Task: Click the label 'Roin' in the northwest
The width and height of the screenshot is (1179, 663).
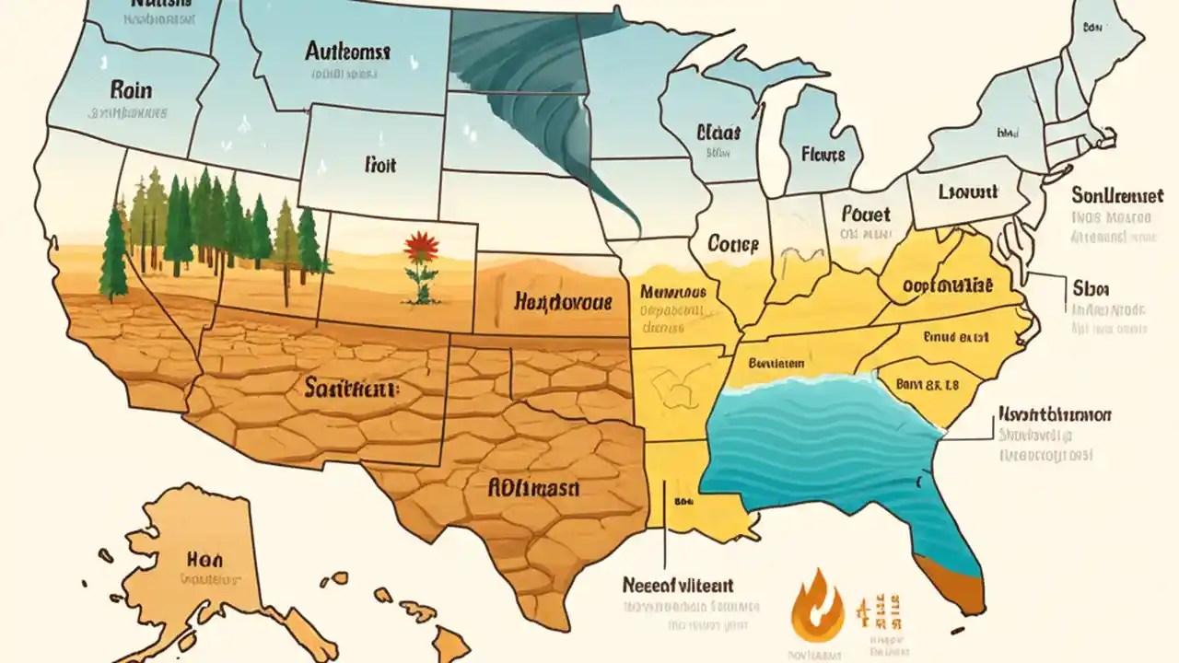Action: [x=130, y=90]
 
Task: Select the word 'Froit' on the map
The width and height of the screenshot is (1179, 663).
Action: [x=379, y=165]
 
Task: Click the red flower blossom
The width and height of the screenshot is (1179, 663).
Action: [x=420, y=247]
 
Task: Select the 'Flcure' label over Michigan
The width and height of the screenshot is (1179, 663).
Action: [x=823, y=154]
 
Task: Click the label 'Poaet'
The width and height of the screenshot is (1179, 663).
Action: [x=866, y=214]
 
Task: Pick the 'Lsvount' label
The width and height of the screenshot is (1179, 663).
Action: [x=968, y=192]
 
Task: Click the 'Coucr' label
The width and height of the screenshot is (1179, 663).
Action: [x=732, y=244]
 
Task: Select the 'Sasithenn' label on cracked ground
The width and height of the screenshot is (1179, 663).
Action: [x=351, y=390]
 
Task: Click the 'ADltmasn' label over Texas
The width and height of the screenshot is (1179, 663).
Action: [x=533, y=488]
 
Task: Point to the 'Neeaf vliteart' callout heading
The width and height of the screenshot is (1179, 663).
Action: [x=677, y=584]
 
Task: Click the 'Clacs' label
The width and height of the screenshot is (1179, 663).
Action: [x=719, y=133]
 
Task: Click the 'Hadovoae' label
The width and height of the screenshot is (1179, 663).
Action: [x=562, y=302]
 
